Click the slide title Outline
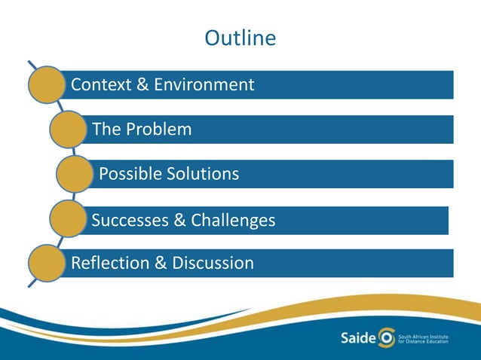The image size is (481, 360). (240, 38)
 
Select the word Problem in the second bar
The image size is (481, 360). (158, 130)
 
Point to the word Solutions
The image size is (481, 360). (202, 174)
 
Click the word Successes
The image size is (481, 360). (129, 220)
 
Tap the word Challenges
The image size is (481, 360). (233, 220)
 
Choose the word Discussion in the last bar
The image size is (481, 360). (213, 263)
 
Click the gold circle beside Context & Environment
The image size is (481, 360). (46, 85)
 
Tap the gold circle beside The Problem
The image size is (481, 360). (68, 130)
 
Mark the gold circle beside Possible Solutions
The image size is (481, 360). (75, 174)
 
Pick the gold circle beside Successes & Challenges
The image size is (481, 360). (68, 219)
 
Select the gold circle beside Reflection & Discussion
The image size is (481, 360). (46, 263)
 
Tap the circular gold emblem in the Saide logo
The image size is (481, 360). (385, 335)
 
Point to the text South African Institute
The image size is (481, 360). (421, 331)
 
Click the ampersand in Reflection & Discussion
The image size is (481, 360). (163, 263)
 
